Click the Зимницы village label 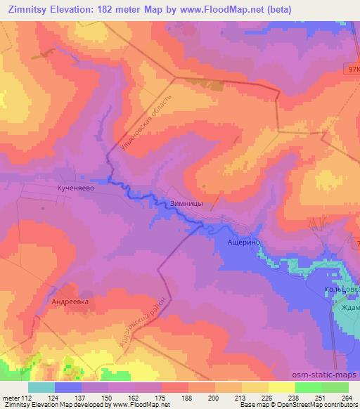(x=187, y=202)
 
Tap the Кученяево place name (x=71, y=189)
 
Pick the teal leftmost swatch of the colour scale (x=41, y=387)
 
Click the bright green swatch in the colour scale (x=309, y=387)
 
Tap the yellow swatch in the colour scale (x=282, y=387)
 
